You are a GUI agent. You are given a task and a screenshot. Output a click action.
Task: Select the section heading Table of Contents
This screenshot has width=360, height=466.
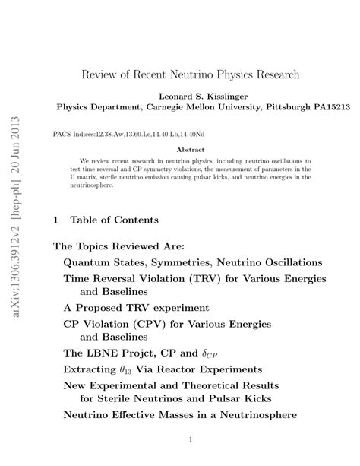[x=114, y=220]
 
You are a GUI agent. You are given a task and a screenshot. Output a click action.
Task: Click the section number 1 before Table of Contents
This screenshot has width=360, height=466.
[x=55, y=220]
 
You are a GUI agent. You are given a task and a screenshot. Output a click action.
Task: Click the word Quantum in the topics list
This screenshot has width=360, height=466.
[x=86, y=262]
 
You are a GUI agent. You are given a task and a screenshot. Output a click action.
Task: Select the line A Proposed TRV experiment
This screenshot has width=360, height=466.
[x=136, y=307]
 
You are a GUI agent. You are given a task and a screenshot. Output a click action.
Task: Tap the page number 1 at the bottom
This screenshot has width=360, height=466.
[x=192, y=439]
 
